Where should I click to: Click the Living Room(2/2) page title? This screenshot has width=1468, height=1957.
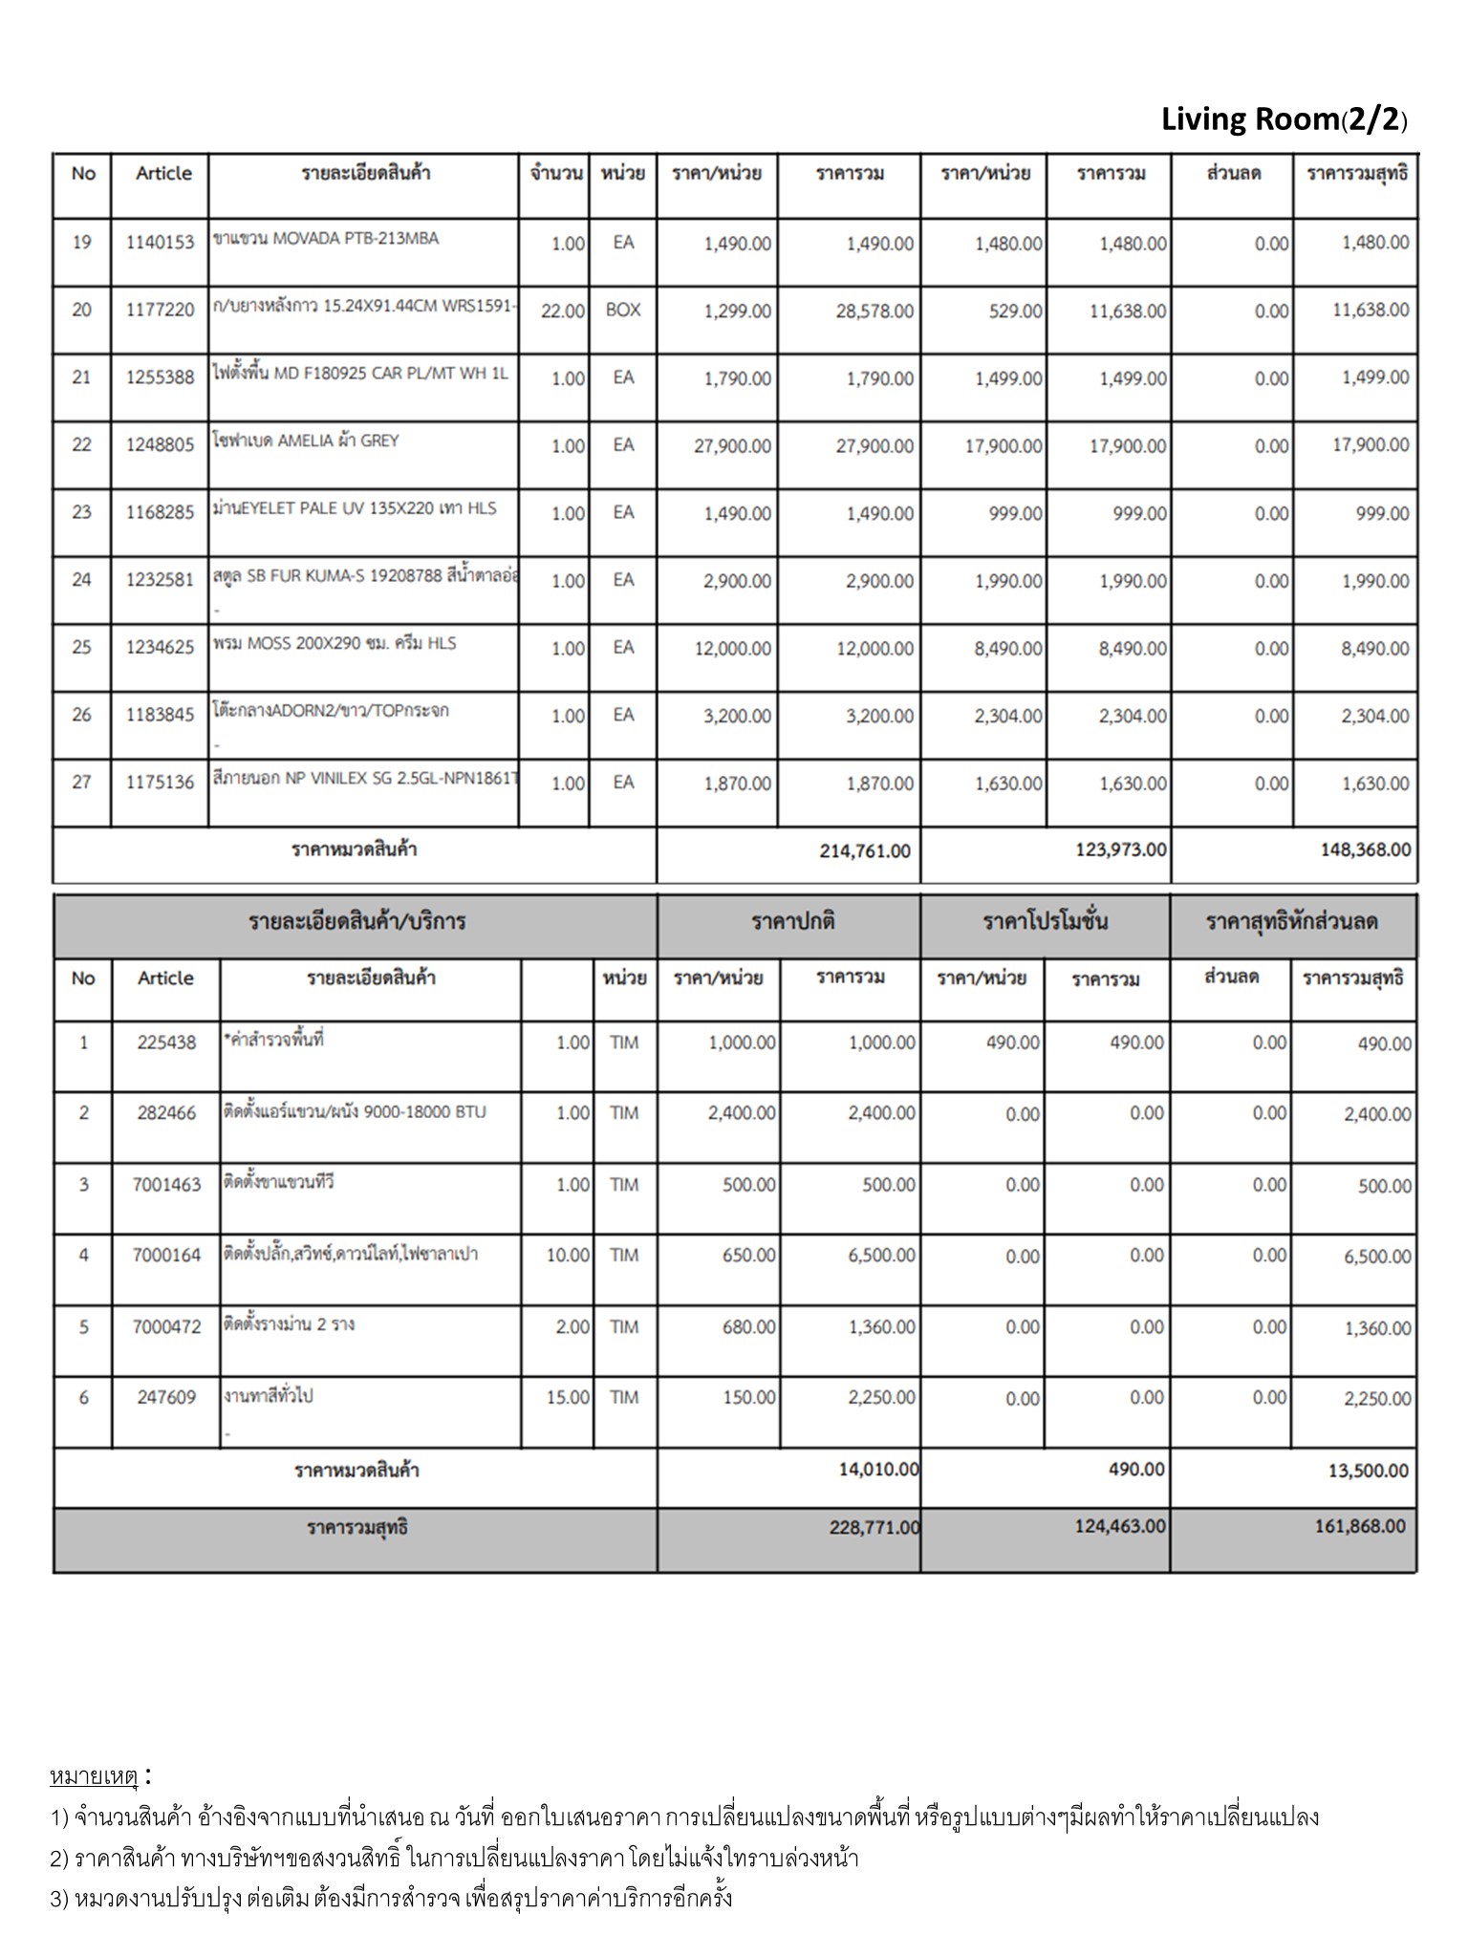point(1284,120)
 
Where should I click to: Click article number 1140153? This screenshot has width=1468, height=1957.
point(160,243)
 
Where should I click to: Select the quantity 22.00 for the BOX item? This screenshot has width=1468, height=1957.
point(562,311)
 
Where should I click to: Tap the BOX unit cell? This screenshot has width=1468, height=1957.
point(623,310)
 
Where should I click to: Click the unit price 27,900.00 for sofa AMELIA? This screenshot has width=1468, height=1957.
point(732,445)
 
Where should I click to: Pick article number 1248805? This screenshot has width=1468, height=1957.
point(160,445)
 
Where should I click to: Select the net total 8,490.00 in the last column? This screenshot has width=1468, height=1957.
point(1374,649)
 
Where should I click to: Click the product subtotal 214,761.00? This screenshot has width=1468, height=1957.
point(865,850)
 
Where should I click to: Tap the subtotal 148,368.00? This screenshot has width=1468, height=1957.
point(1365,849)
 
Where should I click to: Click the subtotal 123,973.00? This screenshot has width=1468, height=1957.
point(1120,849)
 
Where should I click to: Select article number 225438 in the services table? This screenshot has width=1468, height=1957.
point(166,1043)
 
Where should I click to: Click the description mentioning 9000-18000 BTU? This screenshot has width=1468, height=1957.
point(355,1111)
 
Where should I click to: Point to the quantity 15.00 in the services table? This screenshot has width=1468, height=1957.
point(568,1397)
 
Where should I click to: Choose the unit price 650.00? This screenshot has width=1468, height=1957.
point(748,1255)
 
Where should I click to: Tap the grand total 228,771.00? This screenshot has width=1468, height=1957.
point(874,1527)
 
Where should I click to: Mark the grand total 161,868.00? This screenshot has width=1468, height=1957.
point(1360,1526)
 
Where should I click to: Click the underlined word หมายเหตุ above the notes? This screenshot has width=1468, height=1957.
point(94,1776)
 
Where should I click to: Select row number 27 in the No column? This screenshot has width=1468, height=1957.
point(82,783)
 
